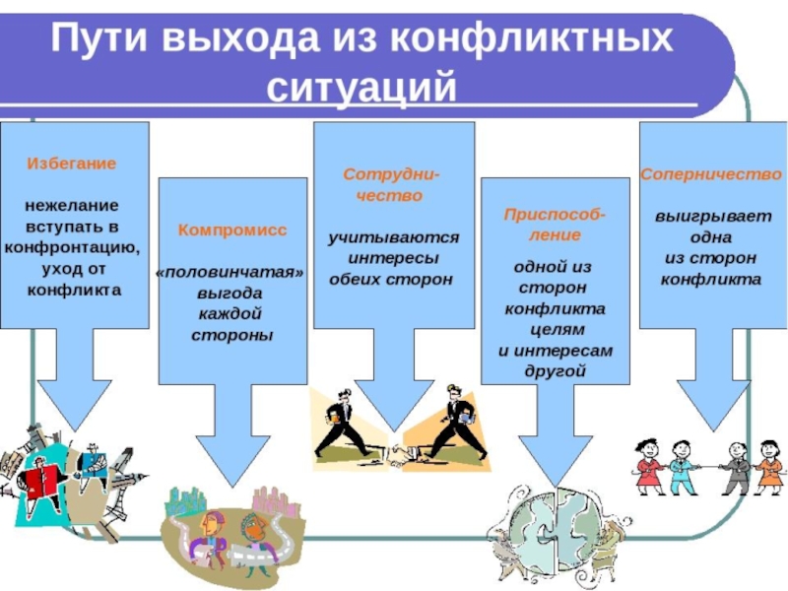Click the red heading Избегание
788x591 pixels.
pyautogui.click(x=71, y=164)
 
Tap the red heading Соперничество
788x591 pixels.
pyautogui.click(x=710, y=173)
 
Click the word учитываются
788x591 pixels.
pyautogui.click(x=393, y=237)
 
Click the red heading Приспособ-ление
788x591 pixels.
pyautogui.click(x=555, y=224)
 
